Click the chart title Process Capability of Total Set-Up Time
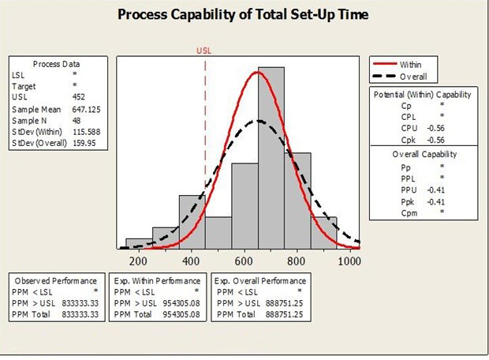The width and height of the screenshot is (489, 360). (x=243, y=15)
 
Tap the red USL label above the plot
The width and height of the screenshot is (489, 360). (x=203, y=51)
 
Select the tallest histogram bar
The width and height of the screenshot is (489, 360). (x=271, y=158)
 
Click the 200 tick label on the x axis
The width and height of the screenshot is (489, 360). (x=138, y=261)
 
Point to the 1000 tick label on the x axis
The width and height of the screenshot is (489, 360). (x=349, y=261)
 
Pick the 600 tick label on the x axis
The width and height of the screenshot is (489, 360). (x=244, y=261)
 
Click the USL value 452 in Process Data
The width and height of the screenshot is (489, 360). (x=79, y=97)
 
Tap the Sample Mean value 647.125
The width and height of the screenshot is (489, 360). (x=87, y=109)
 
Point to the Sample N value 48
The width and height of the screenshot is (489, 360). (x=77, y=121)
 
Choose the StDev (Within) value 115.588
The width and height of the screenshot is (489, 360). (x=87, y=132)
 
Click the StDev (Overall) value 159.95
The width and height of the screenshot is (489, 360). (x=84, y=143)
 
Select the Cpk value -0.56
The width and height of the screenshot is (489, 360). (x=435, y=140)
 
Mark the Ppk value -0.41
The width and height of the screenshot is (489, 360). (x=435, y=201)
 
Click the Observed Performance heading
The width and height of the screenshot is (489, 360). (x=56, y=281)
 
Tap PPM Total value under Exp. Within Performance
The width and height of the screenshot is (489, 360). (x=181, y=314)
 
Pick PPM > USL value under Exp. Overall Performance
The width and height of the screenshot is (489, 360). (x=284, y=303)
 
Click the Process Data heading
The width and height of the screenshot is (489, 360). (x=57, y=64)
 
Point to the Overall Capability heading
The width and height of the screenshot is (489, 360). (x=424, y=154)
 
